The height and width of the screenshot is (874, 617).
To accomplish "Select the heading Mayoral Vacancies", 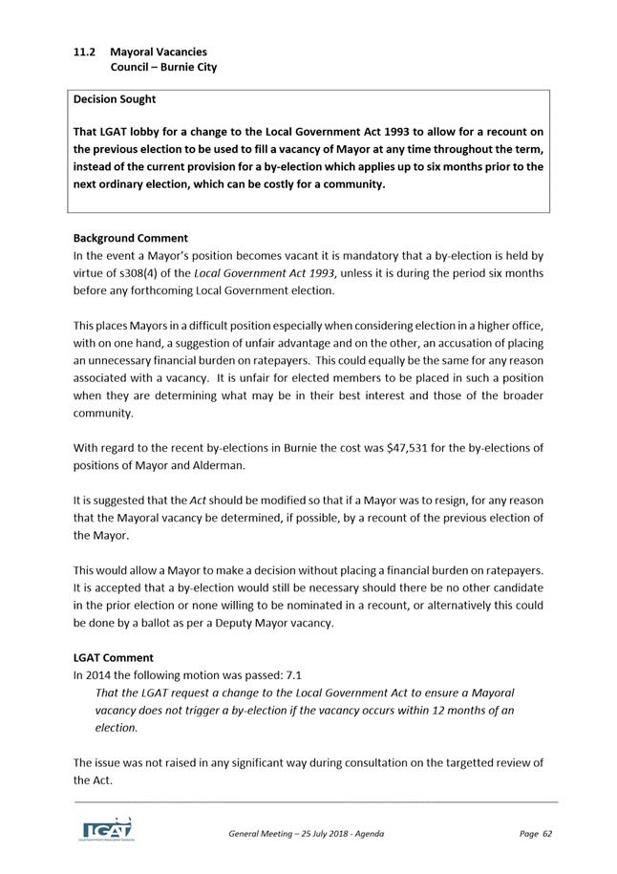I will [158, 51].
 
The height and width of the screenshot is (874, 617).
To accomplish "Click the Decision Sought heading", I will [115, 98].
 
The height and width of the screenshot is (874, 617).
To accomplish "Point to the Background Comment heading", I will [131, 238].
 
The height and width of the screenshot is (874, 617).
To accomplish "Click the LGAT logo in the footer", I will [107, 828].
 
